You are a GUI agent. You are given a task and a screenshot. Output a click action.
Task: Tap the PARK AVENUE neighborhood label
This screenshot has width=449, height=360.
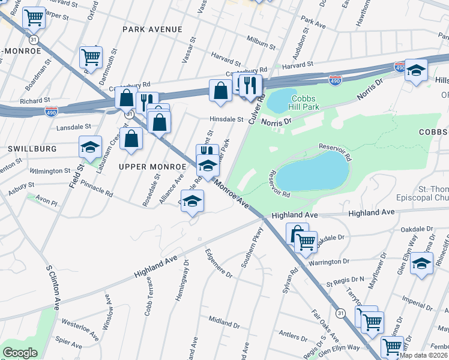pos(152,29)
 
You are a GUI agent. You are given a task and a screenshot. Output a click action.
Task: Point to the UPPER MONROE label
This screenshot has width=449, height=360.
pos(146,166)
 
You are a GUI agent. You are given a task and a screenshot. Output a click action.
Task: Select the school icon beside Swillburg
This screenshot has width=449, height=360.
pos(91,147)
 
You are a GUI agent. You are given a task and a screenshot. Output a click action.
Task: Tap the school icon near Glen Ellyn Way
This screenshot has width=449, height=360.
pos(422,263)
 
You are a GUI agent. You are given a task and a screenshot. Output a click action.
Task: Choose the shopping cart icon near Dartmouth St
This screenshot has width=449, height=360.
pos(91,58)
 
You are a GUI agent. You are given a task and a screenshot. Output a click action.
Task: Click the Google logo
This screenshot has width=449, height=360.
pos(20,352)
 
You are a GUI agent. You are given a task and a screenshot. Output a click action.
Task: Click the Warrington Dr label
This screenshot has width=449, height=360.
pos(329,262)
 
